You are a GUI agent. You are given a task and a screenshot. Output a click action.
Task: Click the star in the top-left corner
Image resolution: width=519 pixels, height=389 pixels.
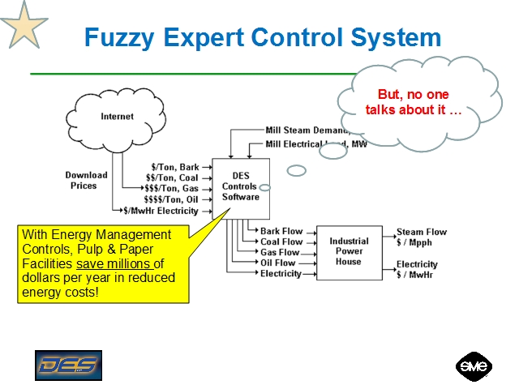24,24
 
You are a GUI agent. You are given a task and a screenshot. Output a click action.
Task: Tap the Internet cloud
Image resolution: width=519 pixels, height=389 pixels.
118,117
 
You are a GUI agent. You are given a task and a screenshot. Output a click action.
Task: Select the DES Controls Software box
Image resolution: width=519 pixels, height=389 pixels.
240,187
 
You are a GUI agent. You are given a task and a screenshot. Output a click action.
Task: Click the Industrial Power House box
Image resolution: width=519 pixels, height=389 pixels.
348,251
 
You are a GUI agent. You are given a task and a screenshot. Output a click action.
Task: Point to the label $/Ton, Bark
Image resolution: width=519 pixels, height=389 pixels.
175,168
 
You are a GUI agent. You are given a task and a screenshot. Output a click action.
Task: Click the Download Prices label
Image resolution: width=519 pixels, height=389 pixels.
86,180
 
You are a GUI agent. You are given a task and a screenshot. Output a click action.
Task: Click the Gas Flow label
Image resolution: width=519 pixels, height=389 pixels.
280,252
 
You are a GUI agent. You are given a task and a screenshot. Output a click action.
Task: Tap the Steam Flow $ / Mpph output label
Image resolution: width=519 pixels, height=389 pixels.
421,237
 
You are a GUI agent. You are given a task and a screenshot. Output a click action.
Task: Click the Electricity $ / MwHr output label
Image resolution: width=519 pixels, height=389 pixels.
417,269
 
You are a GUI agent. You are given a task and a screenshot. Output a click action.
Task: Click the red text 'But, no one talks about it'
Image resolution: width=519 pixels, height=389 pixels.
414,102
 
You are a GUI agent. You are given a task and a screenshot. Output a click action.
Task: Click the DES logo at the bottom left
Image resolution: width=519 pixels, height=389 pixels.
68,365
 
